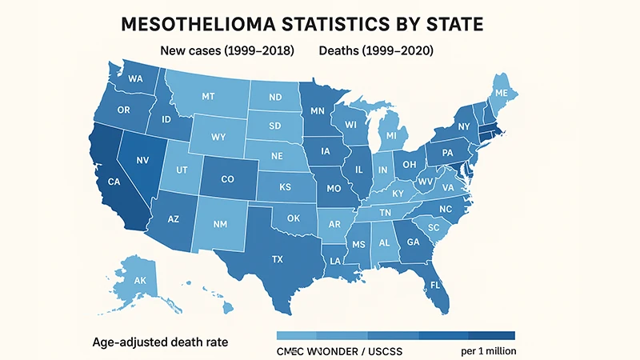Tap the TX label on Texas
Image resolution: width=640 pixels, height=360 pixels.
point(278,259)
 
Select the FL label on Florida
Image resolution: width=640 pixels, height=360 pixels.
point(435,285)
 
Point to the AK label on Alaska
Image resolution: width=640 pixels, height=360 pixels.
point(141,281)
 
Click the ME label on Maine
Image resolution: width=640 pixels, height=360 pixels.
point(502,94)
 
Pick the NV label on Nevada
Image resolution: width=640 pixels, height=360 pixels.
point(144,160)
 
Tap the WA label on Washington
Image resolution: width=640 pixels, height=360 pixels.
point(135,79)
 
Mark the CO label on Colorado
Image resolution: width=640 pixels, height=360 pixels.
point(226,180)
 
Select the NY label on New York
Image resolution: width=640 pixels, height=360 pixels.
point(463,126)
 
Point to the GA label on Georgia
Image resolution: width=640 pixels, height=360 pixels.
point(414,243)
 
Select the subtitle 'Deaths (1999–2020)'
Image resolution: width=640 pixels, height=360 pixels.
point(376,51)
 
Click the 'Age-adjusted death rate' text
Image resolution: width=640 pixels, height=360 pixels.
point(160,342)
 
